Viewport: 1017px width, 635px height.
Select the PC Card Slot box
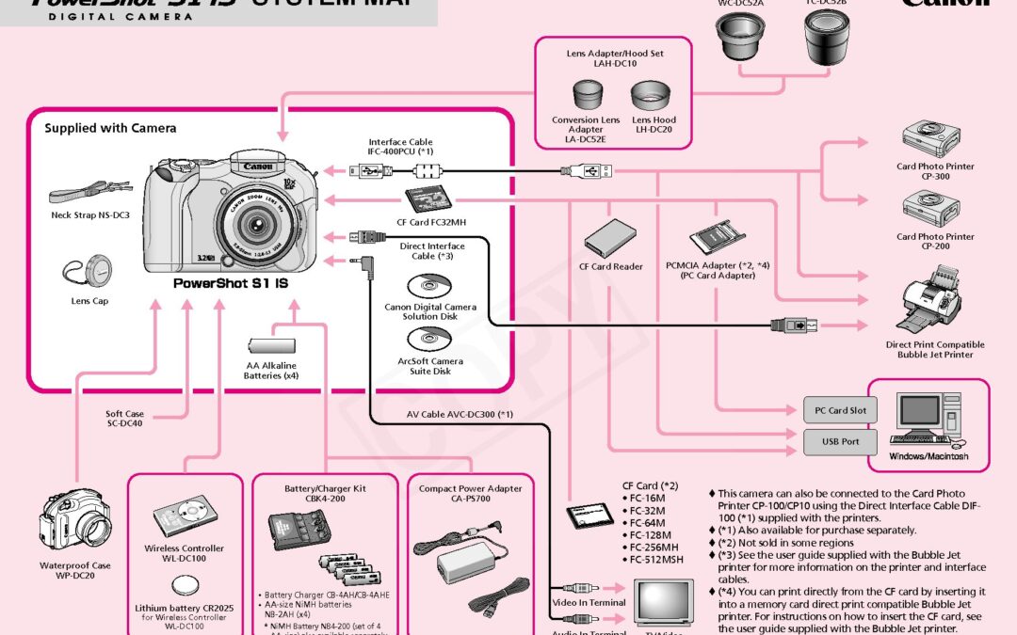click(840, 410)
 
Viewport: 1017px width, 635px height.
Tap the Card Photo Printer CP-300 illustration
click(922, 140)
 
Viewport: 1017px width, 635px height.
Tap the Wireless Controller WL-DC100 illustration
click(183, 520)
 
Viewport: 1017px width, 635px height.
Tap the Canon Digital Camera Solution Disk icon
click(429, 286)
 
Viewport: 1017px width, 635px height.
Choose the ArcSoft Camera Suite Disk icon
click(429, 341)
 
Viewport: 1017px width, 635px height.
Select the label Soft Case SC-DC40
click(124, 419)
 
